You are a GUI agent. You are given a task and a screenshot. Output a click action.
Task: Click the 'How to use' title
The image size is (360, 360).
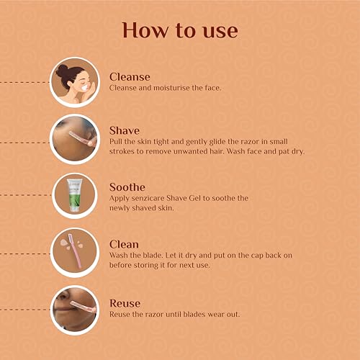click(180, 30)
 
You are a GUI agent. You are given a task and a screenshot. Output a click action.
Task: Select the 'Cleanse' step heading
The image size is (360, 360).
click(130, 77)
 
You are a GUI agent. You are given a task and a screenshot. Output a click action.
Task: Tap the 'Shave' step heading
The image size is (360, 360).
click(125, 130)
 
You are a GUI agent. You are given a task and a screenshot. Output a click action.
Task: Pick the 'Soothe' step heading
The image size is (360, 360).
click(127, 187)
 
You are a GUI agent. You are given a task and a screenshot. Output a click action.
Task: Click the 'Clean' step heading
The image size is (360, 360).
click(124, 244)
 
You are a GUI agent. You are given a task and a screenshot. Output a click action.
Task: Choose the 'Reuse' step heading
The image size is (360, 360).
click(125, 303)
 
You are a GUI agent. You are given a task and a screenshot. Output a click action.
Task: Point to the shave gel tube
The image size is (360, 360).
click(75, 195)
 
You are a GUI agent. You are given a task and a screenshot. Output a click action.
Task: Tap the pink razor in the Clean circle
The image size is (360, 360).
click(75, 251)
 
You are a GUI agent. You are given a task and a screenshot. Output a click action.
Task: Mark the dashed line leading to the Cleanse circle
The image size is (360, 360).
click(24, 82)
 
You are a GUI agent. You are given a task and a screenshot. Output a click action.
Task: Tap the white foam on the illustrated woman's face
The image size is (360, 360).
click(84, 87)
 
